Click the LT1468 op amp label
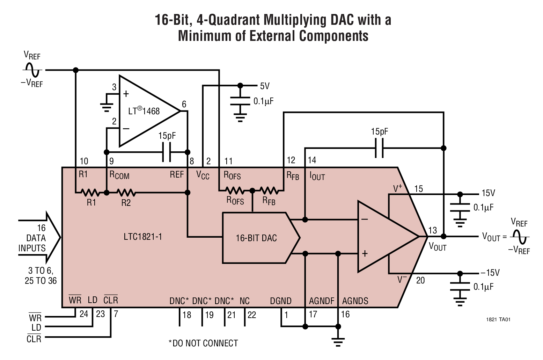click(x=144, y=111)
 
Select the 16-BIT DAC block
click(x=256, y=238)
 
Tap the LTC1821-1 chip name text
click(x=143, y=237)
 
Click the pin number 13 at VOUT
click(x=432, y=230)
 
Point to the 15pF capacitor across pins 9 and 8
click(x=167, y=152)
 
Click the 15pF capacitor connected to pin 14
click(x=379, y=148)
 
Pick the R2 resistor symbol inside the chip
click(x=126, y=193)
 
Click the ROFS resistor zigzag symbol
click(x=235, y=190)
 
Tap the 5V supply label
click(x=265, y=86)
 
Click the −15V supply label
click(x=490, y=273)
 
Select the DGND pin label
click(x=280, y=301)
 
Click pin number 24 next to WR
click(x=84, y=314)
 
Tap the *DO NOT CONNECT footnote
click(x=203, y=343)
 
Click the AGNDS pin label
click(x=355, y=301)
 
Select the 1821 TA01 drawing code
click(x=499, y=319)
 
